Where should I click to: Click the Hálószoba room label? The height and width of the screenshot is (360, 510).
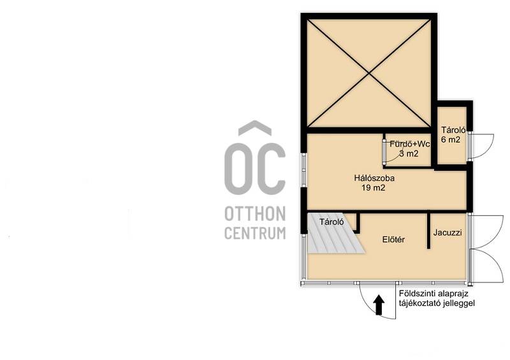click(x=374, y=178)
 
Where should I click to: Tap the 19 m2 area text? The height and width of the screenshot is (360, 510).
click(x=374, y=187)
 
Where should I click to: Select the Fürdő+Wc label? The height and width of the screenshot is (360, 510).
click(x=410, y=144)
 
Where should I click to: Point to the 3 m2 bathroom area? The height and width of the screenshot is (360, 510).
click(x=409, y=154)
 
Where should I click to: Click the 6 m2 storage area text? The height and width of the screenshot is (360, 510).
click(x=451, y=140)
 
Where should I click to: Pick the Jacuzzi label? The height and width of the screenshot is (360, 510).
click(x=448, y=233)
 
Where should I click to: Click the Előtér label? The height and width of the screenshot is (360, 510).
click(x=393, y=240)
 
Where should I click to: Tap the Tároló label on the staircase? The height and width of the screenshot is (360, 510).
click(x=331, y=222)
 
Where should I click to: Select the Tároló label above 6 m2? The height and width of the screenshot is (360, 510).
click(x=453, y=130)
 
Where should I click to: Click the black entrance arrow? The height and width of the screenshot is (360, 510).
click(x=378, y=305)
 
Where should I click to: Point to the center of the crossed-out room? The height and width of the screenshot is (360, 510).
click(x=369, y=73)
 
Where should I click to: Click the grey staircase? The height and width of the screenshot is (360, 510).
click(x=335, y=233)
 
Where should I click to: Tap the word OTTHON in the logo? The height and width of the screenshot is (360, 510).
click(x=255, y=213)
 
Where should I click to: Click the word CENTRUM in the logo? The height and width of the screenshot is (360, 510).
click(x=255, y=233)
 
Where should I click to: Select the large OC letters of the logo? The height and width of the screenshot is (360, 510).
click(x=255, y=169)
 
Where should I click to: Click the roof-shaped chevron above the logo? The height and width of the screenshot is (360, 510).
click(x=255, y=128)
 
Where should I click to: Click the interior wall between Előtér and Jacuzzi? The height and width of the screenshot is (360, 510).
click(x=428, y=231)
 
